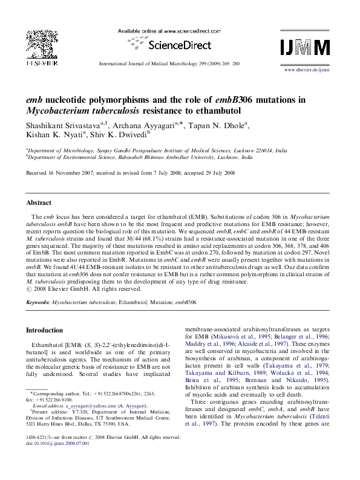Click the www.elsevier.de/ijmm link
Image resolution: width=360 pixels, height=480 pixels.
click(x=307, y=70)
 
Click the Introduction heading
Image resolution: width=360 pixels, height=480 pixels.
click(x=47, y=330)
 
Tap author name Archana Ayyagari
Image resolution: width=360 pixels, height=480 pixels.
click(x=141, y=125)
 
